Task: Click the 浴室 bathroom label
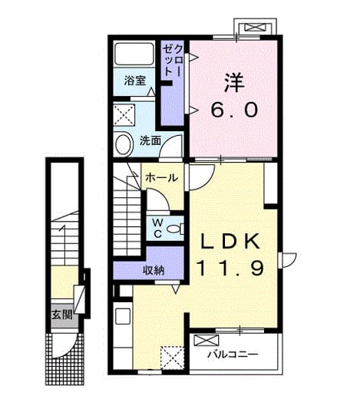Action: tap(135, 81)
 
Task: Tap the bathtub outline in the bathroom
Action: tap(134, 54)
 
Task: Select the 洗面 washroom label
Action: tap(150, 140)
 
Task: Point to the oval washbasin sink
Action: tap(124, 144)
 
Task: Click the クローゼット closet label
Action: tap(173, 61)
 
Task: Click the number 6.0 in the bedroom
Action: tap(234, 110)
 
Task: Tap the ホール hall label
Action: tap(161, 177)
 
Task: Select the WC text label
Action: tap(158, 229)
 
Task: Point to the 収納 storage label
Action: tap(154, 270)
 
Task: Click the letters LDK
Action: tap(230, 242)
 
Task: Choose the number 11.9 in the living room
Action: tap(230, 269)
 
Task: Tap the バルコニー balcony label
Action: tap(233, 354)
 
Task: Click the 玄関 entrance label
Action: tap(62, 315)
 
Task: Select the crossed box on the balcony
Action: tap(206, 341)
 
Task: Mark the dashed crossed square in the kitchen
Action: tap(173, 358)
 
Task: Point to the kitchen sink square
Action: tap(123, 316)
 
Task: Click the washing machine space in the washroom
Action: tap(124, 115)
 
